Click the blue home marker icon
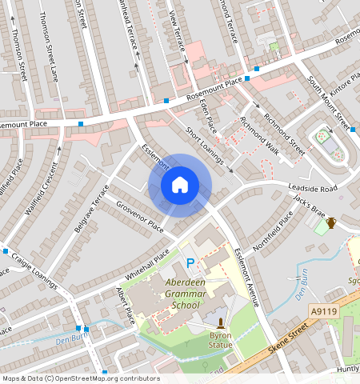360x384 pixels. tap(180, 186)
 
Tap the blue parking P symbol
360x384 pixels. tap(190, 263)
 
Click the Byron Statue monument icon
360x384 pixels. tap(220, 324)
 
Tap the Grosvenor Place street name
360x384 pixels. tap(139, 217)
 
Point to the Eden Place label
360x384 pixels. tap(208, 117)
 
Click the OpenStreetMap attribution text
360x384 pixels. tap(80, 378)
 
